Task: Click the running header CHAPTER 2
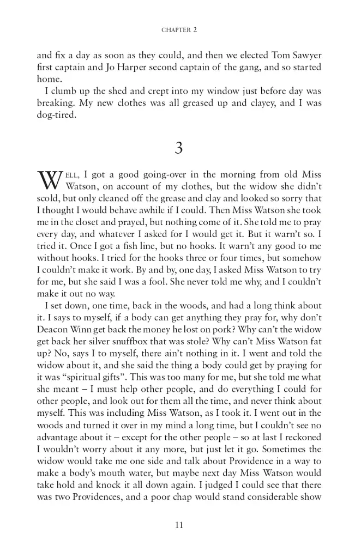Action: [x=179, y=30]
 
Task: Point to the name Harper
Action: [x=89, y=67]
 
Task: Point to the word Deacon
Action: [x=53, y=330]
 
